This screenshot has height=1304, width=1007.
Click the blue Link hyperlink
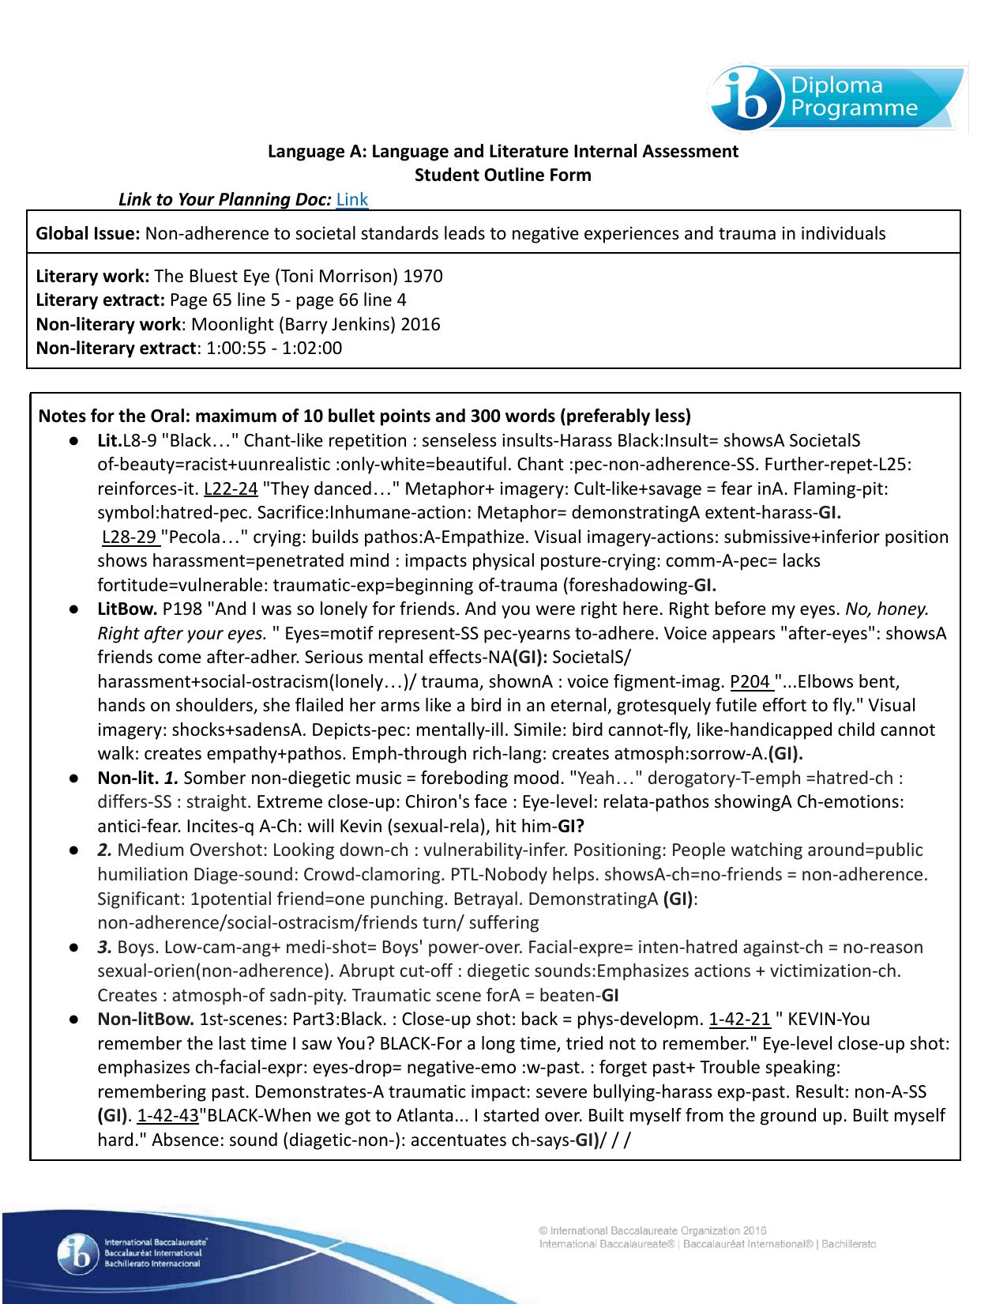point(352,199)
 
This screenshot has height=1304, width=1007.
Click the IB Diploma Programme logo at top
point(836,99)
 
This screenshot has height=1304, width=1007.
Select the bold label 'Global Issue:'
point(88,233)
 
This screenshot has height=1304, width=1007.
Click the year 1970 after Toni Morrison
point(423,276)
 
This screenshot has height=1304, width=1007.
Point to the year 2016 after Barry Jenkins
point(420,324)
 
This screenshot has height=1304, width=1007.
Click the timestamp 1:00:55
point(236,348)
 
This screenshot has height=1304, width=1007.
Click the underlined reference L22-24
point(231,488)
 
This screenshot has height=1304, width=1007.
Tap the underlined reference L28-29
point(130,537)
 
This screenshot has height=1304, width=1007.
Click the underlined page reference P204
point(750,681)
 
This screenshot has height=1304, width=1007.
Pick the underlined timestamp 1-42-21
point(739,1019)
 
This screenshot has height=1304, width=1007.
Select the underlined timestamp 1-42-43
point(167,1115)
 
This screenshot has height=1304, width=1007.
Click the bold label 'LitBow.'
point(127,609)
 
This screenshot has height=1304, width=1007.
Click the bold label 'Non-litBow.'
point(145,1019)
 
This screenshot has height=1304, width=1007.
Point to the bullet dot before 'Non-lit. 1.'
point(73,778)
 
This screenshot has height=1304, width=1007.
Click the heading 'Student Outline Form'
point(502,175)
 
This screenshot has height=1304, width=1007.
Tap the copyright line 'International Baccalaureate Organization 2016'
point(652,1231)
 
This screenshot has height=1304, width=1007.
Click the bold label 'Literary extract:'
point(100,300)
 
